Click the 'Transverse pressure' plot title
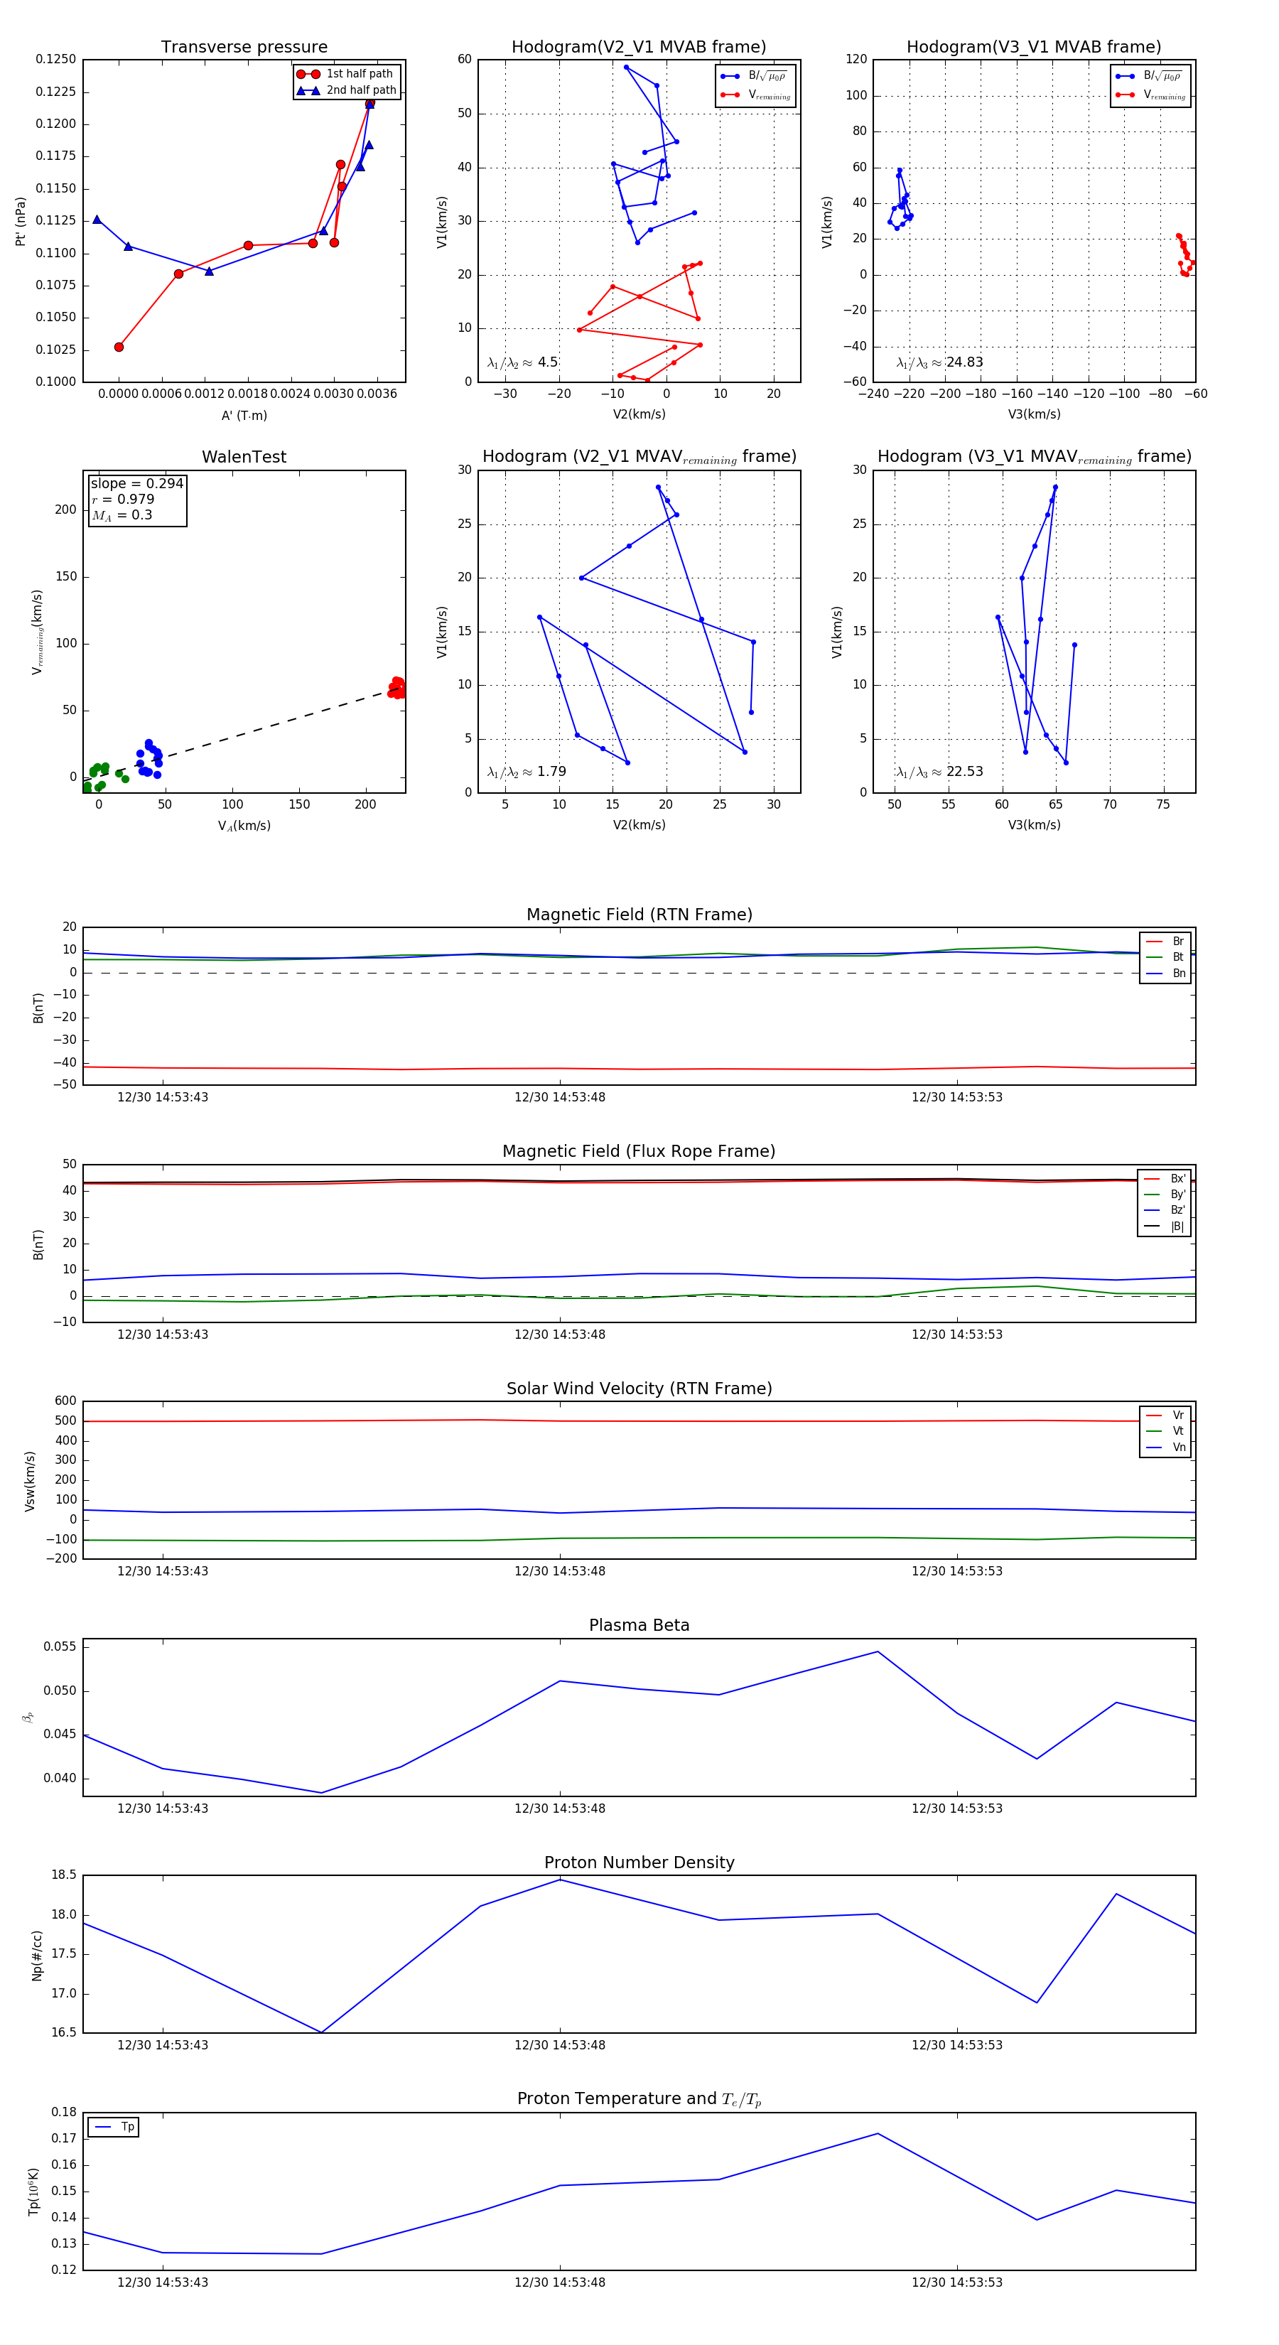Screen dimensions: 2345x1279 click(x=244, y=48)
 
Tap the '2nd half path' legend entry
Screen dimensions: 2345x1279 click(x=360, y=90)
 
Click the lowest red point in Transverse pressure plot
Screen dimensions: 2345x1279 click(x=119, y=347)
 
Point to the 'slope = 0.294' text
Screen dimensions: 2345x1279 click(x=136, y=483)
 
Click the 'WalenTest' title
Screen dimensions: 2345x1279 click(x=244, y=457)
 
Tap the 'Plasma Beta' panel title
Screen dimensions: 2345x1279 click(x=639, y=1626)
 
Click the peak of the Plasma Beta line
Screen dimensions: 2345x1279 click(x=878, y=1651)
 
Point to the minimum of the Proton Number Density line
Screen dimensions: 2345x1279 click(x=321, y=2033)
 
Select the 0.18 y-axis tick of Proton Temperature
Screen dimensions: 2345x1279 click(x=64, y=2112)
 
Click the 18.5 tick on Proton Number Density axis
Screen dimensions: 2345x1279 click(x=64, y=1875)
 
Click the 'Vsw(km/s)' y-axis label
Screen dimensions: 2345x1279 click(x=30, y=1481)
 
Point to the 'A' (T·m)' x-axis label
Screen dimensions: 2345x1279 click(x=244, y=415)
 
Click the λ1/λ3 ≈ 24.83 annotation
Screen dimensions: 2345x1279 click(x=939, y=362)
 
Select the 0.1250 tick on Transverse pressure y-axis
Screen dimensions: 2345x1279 click(x=55, y=59)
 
